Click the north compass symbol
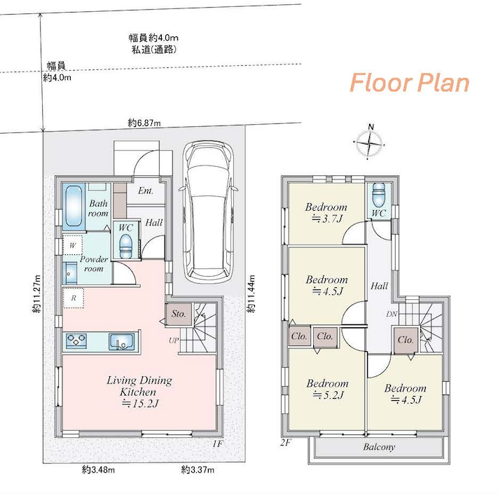click(x=369, y=142)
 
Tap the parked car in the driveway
click(x=208, y=212)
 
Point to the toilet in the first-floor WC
click(x=126, y=247)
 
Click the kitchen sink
click(x=121, y=341)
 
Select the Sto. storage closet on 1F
click(x=179, y=314)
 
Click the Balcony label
click(x=379, y=447)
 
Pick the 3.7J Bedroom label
click(x=326, y=212)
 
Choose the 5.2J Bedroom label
click(x=328, y=389)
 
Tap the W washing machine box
click(x=73, y=245)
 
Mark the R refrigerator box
click(x=74, y=298)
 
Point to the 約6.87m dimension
click(x=144, y=123)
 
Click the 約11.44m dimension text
click(x=251, y=294)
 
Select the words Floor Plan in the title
click(x=409, y=83)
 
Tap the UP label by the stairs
click(x=174, y=341)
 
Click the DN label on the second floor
click(x=392, y=314)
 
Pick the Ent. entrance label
click(x=146, y=191)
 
